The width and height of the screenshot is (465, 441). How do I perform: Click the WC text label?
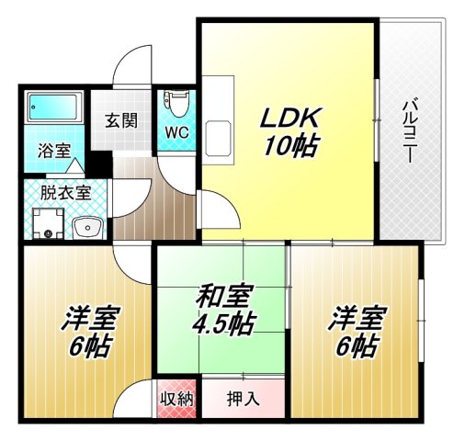pyautogui.click(x=176, y=131)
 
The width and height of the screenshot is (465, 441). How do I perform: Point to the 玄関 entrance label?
pyautogui.click(x=120, y=120)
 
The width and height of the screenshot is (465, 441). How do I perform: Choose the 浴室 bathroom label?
pyautogui.click(x=53, y=151)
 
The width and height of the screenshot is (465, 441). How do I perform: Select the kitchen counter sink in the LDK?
pyautogui.click(x=220, y=138)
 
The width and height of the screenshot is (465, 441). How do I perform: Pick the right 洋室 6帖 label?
pyautogui.click(x=354, y=333)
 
